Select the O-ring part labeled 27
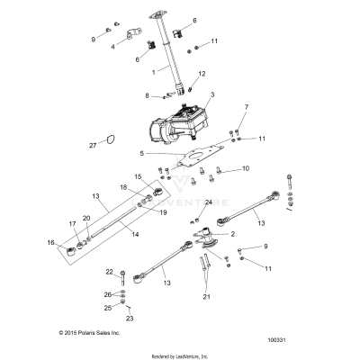point(110,139)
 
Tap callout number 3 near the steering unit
point(212,94)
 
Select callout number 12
point(202,74)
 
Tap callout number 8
point(147,94)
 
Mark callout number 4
point(112,45)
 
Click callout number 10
point(245,168)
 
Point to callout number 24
point(208,202)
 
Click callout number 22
point(109,271)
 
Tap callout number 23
point(128,318)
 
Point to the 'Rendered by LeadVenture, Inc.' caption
point(180,355)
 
